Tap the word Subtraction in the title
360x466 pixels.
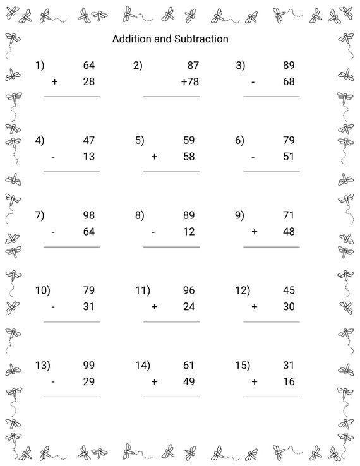click(201, 39)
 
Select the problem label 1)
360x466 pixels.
click(40, 65)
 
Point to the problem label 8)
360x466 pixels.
click(140, 215)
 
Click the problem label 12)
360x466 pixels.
click(243, 290)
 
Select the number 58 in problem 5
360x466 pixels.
click(188, 157)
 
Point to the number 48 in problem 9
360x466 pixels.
click(289, 232)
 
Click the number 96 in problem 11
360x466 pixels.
click(188, 290)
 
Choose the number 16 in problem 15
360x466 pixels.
click(289, 381)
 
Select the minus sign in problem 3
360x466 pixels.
click(253, 82)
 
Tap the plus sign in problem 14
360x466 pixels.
click(154, 381)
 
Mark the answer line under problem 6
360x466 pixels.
click(272, 172)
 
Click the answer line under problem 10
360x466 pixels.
click(71, 321)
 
